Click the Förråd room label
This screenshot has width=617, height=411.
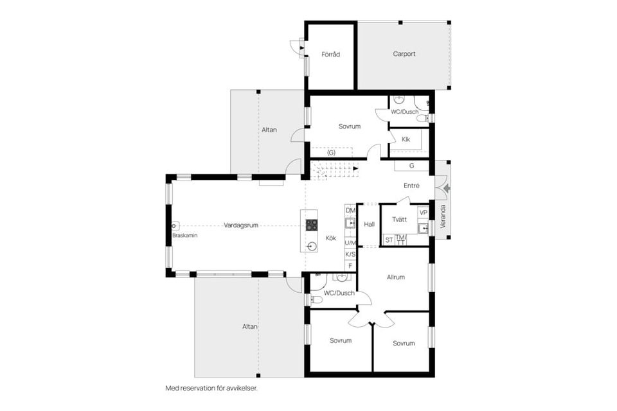[x=330, y=55]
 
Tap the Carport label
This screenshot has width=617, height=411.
[x=404, y=54]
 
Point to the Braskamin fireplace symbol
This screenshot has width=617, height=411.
[x=175, y=226]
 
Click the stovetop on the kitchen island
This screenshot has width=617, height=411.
[x=312, y=225]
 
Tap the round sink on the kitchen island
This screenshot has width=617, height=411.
[x=312, y=246]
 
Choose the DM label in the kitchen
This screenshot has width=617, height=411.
[x=350, y=211]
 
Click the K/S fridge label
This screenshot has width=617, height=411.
[x=350, y=254]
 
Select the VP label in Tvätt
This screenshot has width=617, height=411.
[x=424, y=213]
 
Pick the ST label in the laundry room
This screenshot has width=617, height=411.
[x=389, y=240]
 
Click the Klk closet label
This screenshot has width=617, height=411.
[x=406, y=139]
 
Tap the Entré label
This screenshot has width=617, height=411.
[x=411, y=186]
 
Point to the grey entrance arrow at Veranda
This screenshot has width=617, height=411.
[x=447, y=189]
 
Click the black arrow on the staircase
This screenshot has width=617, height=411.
[x=355, y=168]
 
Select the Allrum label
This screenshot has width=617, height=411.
[x=396, y=277]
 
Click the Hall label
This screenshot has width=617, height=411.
[x=370, y=225]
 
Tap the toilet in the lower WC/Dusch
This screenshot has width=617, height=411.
[x=316, y=300]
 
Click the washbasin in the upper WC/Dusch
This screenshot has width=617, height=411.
[x=398, y=99]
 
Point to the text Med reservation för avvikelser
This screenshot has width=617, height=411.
[x=211, y=388]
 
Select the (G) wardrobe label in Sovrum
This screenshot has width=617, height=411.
[x=332, y=153]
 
